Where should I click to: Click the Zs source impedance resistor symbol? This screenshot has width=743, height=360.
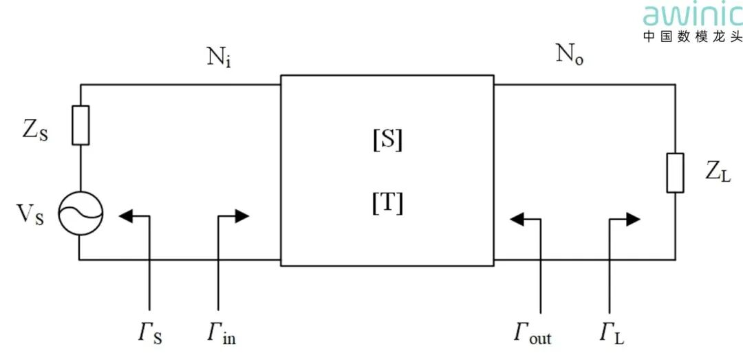80,125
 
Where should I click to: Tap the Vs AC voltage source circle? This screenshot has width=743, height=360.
80,213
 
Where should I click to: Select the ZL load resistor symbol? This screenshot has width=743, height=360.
676,173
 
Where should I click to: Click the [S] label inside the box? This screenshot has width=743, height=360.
387,141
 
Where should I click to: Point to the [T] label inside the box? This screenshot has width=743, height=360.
387,204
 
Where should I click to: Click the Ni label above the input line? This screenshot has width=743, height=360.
219,59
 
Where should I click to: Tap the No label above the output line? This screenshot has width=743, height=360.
570,56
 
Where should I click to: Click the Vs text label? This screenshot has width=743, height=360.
31,215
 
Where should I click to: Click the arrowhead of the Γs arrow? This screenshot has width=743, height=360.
126,216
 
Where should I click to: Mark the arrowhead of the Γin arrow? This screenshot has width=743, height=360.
242,216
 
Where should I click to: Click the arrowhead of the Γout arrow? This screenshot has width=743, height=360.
517,219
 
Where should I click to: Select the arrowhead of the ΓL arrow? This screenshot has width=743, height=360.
634,219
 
